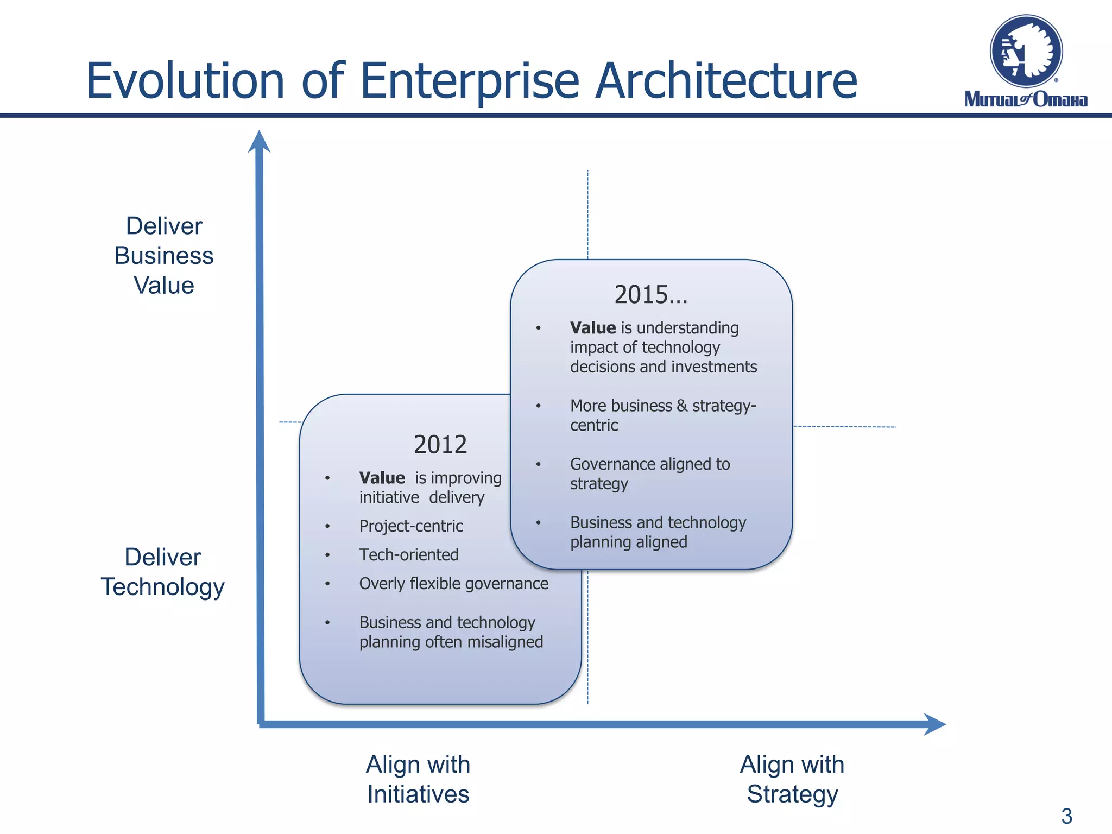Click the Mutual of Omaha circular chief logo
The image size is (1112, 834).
click(1026, 52)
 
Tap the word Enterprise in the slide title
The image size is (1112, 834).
click(470, 81)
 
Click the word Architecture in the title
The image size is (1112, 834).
click(726, 81)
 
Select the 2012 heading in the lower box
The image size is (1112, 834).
click(440, 445)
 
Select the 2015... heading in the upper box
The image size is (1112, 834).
click(650, 295)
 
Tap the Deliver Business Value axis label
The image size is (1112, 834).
click(164, 256)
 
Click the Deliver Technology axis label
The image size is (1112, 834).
click(162, 572)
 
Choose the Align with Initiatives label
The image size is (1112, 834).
click(418, 779)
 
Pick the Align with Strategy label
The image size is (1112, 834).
click(792, 779)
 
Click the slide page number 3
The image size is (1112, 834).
click(1066, 816)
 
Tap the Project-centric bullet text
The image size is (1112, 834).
click(411, 526)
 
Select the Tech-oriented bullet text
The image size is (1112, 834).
click(409, 555)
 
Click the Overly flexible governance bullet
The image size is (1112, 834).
click(453, 584)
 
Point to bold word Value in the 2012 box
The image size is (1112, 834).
click(382, 478)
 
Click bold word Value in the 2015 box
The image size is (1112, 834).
click(593, 328)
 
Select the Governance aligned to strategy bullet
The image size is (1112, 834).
click(649, 473)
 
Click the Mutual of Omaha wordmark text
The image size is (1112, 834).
click(1026, 99)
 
